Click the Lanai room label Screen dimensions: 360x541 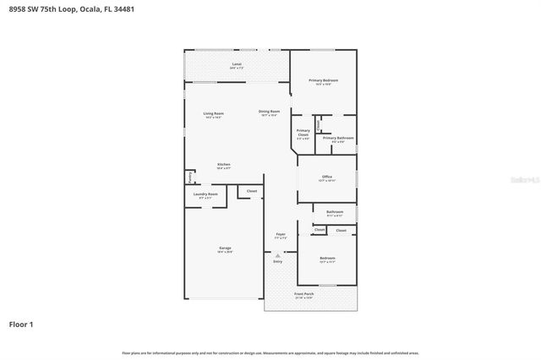(237, 65)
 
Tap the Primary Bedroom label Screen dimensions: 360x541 (323, 81)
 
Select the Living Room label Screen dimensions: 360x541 (213, 114)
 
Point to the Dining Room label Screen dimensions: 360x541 (269, 112)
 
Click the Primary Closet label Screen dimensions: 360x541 (303, 133)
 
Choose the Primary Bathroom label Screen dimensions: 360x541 (338, 139)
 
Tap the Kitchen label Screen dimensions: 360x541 (223, 165)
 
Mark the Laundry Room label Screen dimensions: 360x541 (206, 195)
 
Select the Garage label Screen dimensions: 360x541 (226, 248)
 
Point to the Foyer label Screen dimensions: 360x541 (281, 235)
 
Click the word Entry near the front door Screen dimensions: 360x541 (277, 261)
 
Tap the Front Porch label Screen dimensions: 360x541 (303, 295)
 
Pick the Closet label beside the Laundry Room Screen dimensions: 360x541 (251, 192)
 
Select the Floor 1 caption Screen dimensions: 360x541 (22, 324)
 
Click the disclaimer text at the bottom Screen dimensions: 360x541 (270, 352)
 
